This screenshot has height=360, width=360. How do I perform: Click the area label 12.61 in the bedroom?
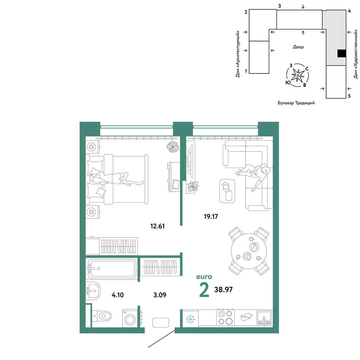coord(158,226)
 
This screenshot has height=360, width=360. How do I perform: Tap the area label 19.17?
coord(211,216)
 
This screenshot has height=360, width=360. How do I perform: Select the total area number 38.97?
coord(224,289)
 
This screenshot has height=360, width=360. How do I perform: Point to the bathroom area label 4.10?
coord(118,295)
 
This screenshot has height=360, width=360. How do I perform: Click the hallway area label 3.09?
coord(160,295)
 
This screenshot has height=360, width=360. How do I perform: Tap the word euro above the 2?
coord(204,277)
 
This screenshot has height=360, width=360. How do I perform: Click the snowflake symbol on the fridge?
coord(190,319)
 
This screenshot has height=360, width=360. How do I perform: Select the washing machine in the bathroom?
coord(130,318)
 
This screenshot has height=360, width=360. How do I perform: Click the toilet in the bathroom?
coord(102,316)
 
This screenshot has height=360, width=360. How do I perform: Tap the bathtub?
coord(112,269)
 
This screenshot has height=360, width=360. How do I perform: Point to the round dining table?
coord(249,251)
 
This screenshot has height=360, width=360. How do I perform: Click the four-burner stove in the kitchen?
coord(225,318)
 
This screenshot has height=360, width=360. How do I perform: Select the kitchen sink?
coord(264,318)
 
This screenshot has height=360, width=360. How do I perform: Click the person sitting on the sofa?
coord(255,176)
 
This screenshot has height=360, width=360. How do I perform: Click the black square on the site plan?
coord(342,54)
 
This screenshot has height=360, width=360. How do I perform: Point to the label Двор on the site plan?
coord(298,47)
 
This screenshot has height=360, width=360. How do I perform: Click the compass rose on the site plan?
coord(298,75)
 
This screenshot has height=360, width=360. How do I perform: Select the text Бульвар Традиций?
coord(296,103)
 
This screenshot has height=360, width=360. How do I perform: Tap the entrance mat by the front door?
coord(161,323)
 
